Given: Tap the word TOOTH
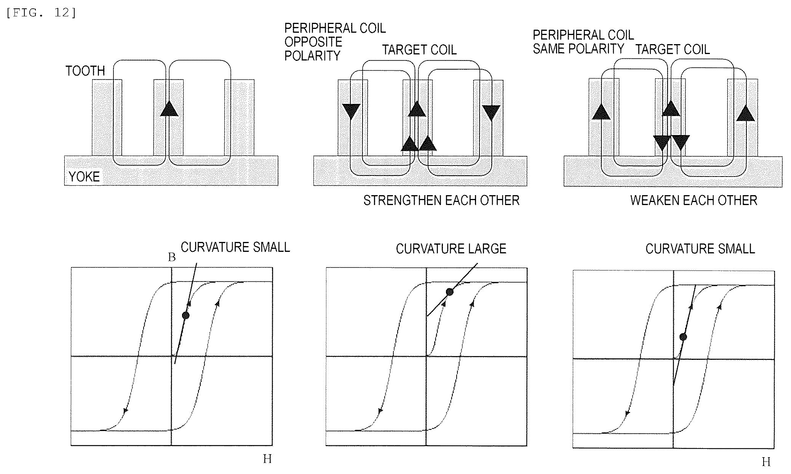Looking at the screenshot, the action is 85,71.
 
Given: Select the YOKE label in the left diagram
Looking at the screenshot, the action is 84,177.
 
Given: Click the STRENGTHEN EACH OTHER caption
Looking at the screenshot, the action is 441,200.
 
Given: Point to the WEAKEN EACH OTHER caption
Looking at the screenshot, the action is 694,200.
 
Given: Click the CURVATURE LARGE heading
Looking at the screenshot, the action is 451,249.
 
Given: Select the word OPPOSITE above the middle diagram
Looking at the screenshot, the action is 313,42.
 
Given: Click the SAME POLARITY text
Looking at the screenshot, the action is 578,49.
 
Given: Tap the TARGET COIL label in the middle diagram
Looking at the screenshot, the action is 419,50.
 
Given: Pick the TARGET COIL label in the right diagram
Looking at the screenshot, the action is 673,49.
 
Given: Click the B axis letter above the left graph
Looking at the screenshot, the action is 172,258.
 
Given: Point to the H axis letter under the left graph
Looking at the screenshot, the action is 267,459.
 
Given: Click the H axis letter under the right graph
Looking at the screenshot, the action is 766,462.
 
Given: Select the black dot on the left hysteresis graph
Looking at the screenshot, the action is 185,315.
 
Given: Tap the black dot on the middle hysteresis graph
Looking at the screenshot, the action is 450,292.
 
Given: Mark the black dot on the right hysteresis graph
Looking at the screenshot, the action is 683,337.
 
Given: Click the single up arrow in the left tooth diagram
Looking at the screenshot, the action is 169,108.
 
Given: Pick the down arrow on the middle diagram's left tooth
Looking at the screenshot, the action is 351,112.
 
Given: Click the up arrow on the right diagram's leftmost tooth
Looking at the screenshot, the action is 601,112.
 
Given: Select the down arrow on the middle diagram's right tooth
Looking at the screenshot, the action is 491,113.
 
